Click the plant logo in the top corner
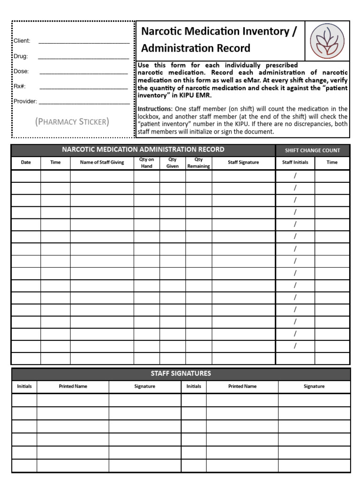[327, 40]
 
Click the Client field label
[22, 41]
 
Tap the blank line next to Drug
[83, 58]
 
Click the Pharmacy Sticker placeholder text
[72, 122]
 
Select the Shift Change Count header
[312, 150]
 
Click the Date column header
[26, 163]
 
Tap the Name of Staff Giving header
[102, 163]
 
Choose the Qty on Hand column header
[147, 163]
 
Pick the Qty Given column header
[172, 163]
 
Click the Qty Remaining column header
[198, 163]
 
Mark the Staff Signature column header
[243, 163]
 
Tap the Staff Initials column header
[295, 163]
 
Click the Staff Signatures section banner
[180, 374]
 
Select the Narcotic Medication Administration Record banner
[143, 150]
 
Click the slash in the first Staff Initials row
[295, 176]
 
